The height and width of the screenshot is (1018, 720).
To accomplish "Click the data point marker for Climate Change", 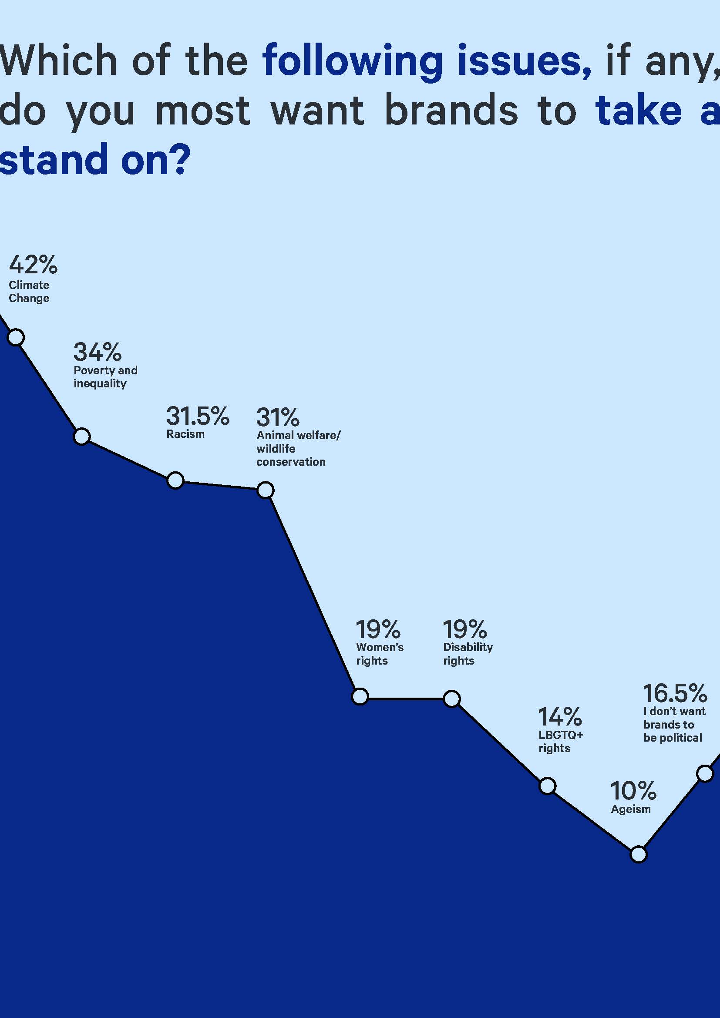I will tap(16, 337).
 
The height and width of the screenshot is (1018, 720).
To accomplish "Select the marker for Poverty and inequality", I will tap(81, 436).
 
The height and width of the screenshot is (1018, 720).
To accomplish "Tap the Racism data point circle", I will tap(175, 480).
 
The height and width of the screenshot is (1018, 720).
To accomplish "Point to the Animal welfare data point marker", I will tap(266, 490).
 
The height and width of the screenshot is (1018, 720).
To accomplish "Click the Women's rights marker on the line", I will tap(360, 696).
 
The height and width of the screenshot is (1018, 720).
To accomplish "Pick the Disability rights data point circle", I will tap(452, 699).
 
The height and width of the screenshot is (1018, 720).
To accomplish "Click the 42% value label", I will tap(33, 265).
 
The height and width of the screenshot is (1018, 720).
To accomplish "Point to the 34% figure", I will tap(98, 352).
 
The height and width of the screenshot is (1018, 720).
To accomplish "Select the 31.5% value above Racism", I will tap(198, 416).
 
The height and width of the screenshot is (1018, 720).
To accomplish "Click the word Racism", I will tap(185, 434).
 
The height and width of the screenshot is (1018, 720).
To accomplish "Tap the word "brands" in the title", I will tap(451, 111).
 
